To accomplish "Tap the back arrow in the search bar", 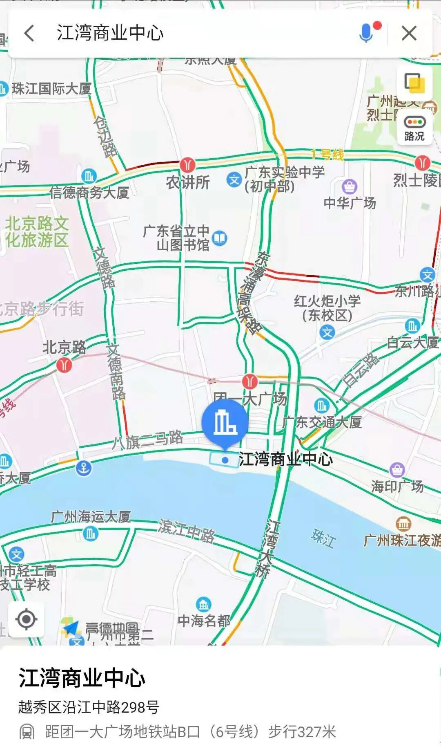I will click(x=29, y=33).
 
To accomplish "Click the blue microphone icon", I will click(x=366, y=33).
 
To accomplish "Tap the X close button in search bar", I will click(x=409, y=33).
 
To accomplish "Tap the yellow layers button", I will click(x=414, y=83).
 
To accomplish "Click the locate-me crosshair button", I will click(x=27, y=619).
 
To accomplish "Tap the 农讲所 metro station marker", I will click(x=187, y=165).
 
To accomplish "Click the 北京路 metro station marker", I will click(x=64, y=365).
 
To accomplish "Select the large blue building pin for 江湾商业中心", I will click(x=225, y=423).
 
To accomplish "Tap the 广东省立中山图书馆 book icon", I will click(x=220, y=238).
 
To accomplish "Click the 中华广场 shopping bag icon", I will click(x=350, y=187).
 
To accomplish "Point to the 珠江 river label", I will click(x=323, y=538).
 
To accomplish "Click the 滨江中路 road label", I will click(x=187, y=531).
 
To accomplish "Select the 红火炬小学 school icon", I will click(x=327, y=332).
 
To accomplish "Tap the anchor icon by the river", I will click(x=84, y=468).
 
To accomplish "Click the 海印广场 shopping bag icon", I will click(x=397, y=470).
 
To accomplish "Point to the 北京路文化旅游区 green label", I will click(x=37, y=232).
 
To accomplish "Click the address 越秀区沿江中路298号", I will click(x=89, y=707).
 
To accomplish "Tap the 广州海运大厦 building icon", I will click(x=90, y=534).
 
